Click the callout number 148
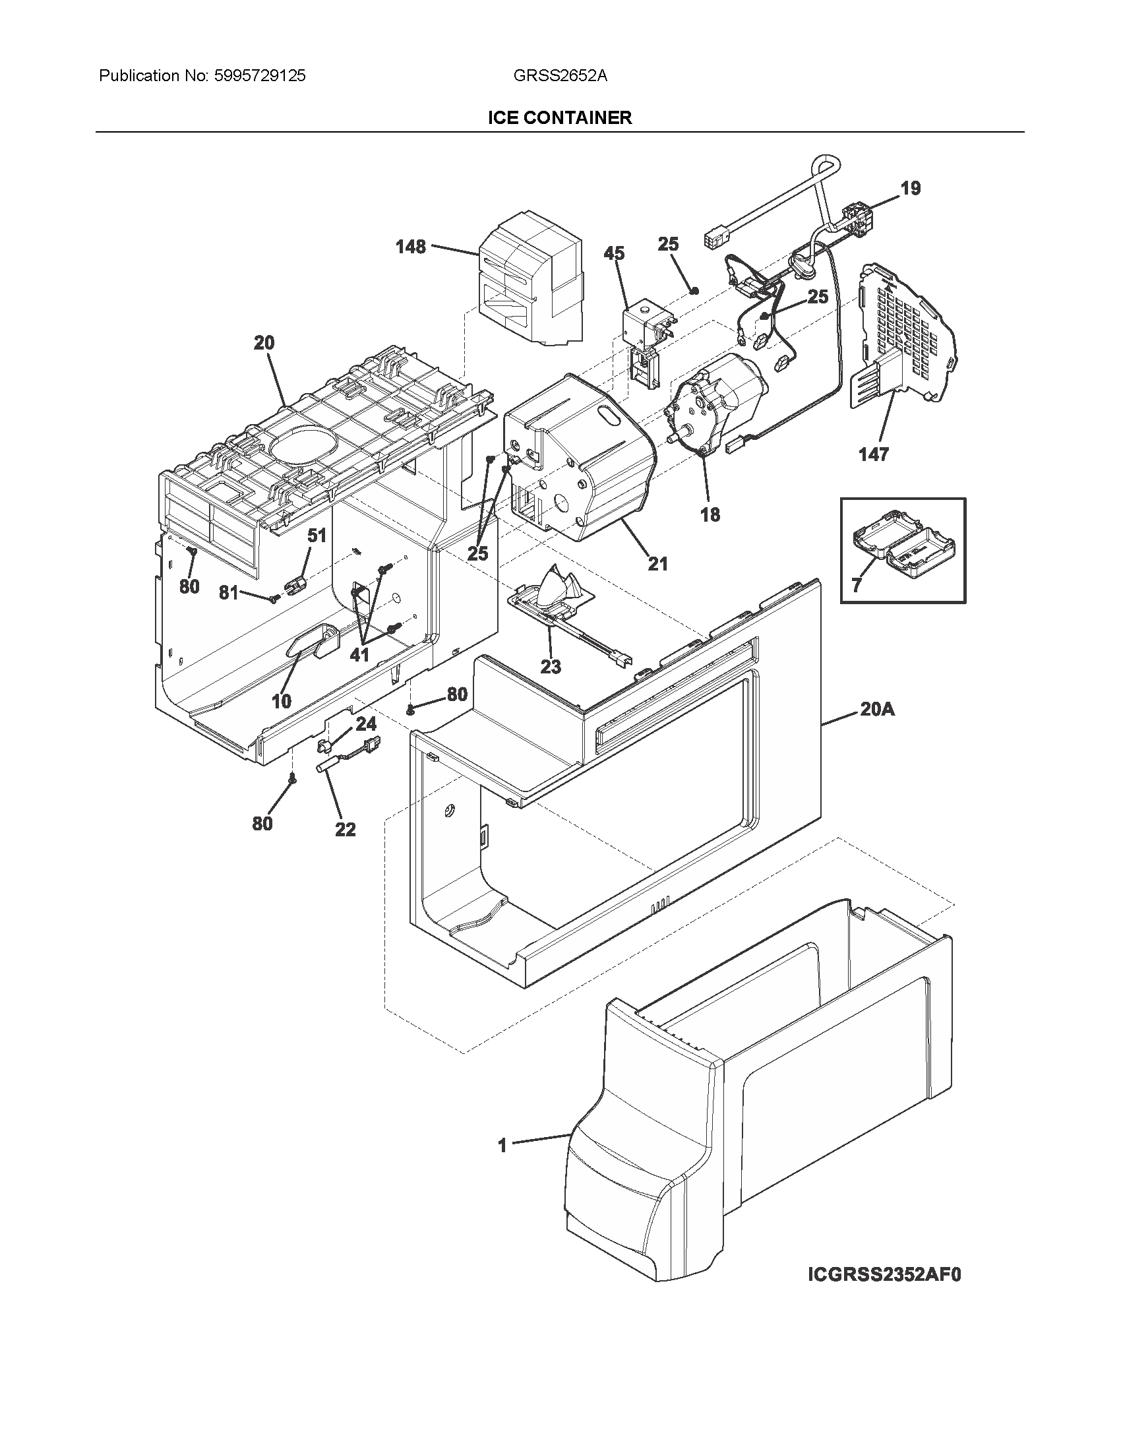pos(410,247)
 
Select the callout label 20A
pos(876,710)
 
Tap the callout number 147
pos(873,454)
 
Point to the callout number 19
pos(911,189)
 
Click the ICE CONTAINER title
pos(560,117)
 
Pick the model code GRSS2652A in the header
pos(560,76)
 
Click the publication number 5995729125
pos(260,76)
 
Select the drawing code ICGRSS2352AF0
pos(884,1275)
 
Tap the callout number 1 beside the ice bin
pos(502,1146)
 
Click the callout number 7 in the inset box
pos(857,585)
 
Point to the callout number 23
pos(551,666)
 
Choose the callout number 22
pos(346,829)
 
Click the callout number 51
pos(317,536)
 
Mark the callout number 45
pos(615,253)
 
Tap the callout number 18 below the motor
pos(710,514)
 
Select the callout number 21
pos(657,563)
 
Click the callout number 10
pos(282,701)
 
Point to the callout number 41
pos(359,654)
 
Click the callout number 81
pos(228,592)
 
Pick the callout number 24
pos(366,724)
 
